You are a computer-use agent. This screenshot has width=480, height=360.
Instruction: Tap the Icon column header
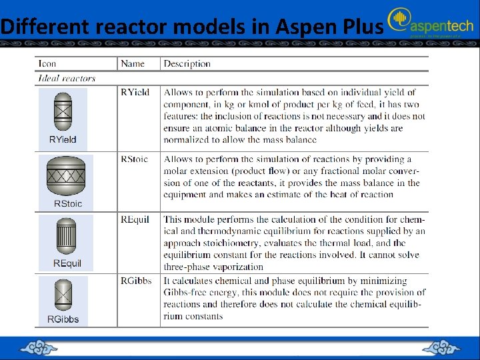47,64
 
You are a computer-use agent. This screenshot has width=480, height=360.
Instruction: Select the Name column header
133,64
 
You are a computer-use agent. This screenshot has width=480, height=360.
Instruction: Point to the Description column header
187,64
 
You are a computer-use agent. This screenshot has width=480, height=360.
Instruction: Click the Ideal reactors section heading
67,78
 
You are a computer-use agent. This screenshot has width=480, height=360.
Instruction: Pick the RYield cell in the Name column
135,93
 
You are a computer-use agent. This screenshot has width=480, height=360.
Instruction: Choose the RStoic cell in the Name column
135,159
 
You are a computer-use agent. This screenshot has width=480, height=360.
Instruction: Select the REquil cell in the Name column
135,219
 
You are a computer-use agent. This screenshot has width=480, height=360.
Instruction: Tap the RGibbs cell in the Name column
136,281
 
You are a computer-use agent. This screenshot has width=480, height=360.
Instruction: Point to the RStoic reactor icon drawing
66,177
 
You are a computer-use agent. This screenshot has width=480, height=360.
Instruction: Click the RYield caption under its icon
63,139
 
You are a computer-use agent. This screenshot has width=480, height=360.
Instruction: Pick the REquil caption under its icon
67,263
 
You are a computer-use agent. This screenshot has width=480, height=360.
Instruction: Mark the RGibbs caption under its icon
63,319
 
